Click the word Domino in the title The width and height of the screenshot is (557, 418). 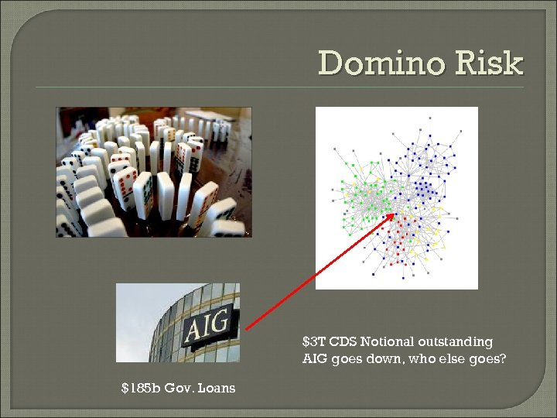(x=380, y=63)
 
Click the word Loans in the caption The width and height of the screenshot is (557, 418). (x=216, y=387)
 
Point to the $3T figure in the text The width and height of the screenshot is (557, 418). (x=313, y=341)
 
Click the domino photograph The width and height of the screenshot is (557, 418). (x=153, y=171)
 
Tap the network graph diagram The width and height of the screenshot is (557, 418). (x=396, y=197)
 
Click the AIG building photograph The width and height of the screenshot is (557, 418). (x=177, y=322)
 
